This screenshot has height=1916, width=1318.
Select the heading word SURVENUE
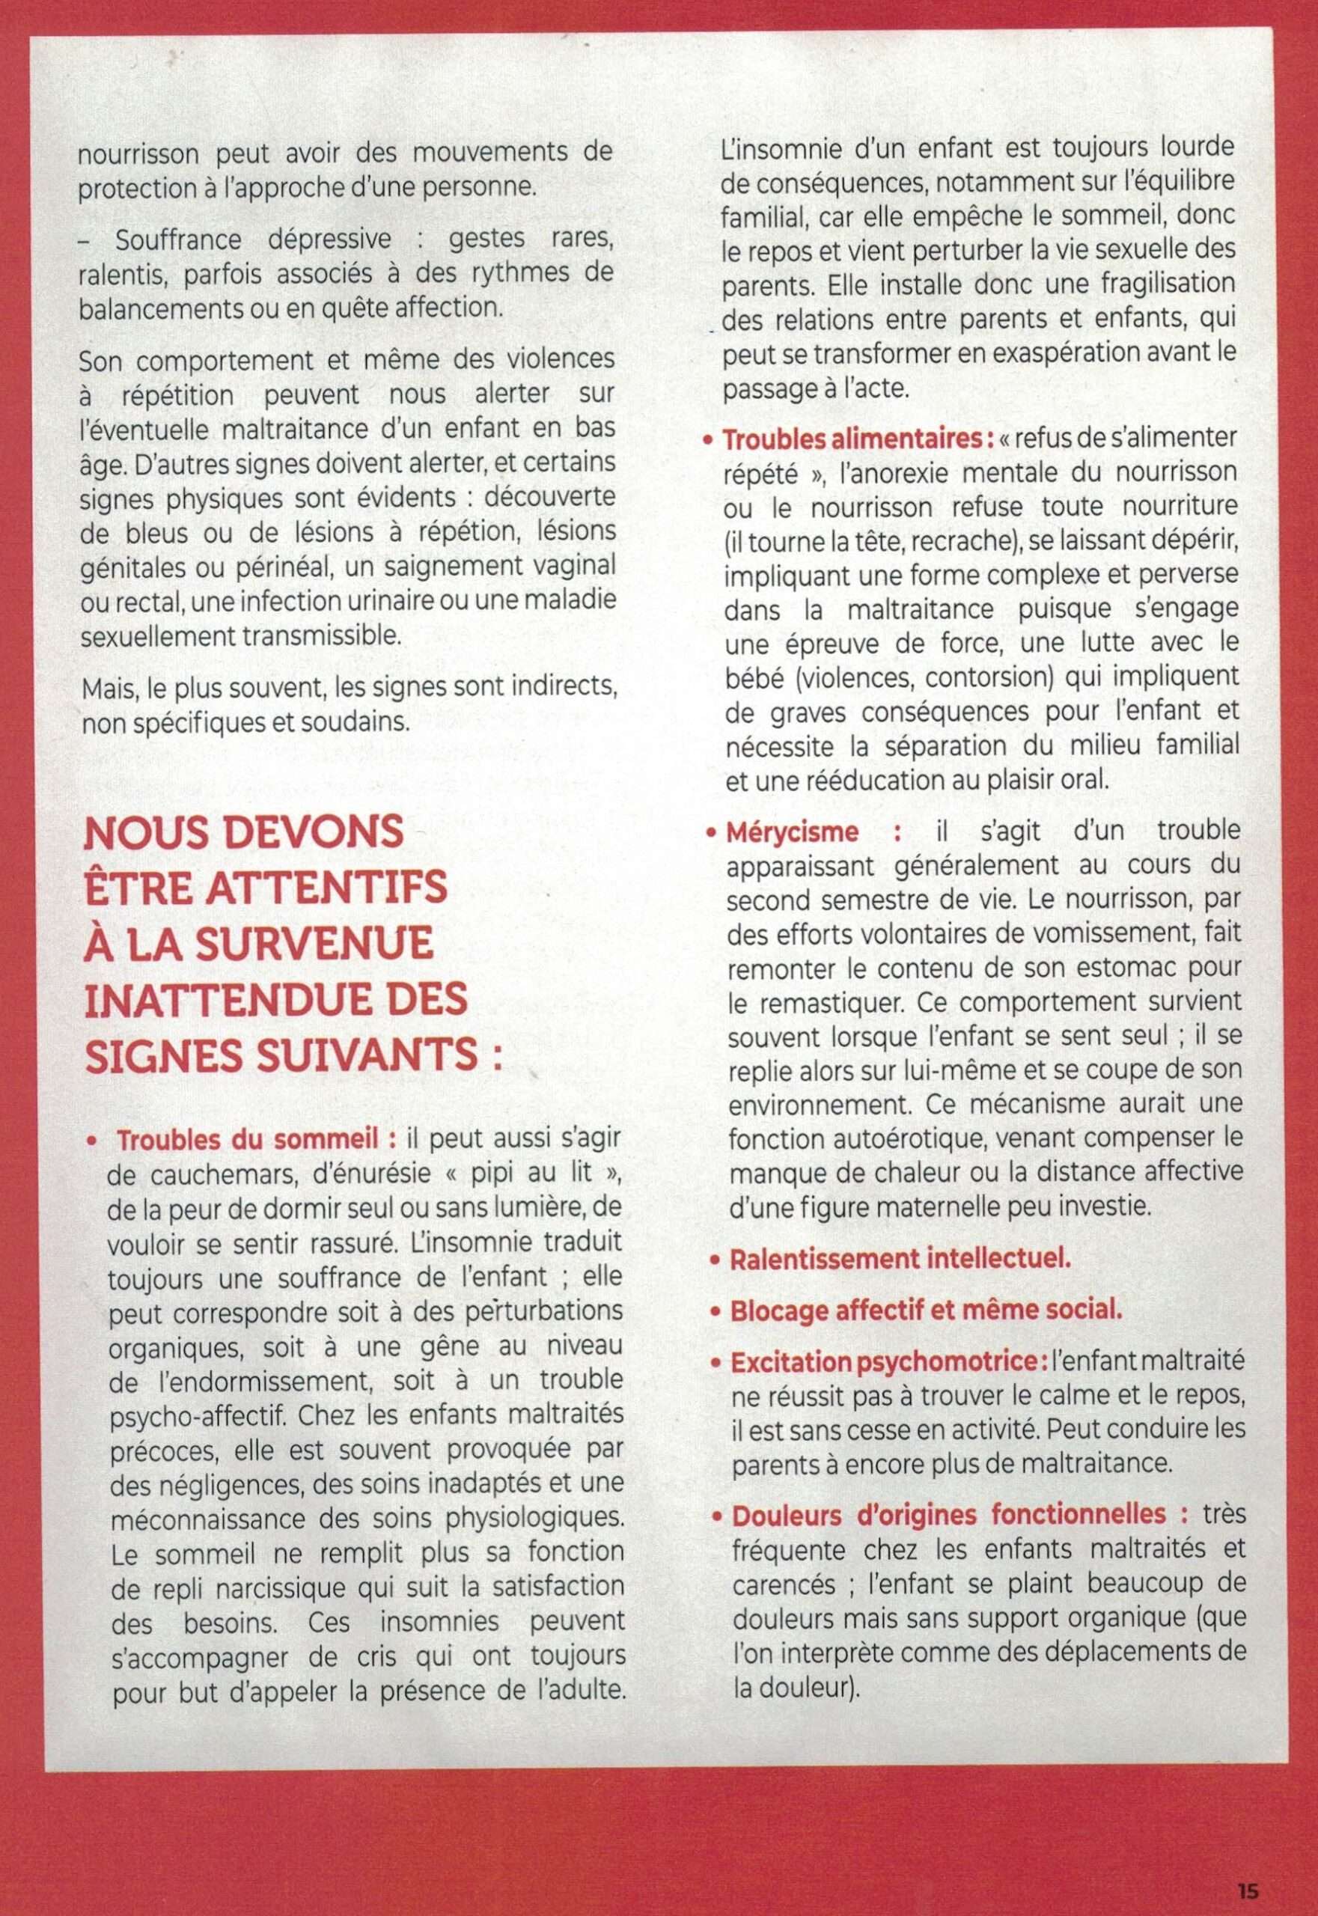314,944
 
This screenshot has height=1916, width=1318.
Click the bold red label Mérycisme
791,832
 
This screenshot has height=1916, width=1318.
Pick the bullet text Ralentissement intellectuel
900,1260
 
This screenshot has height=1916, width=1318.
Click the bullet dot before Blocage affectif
716,1311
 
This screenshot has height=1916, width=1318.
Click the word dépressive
329,239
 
